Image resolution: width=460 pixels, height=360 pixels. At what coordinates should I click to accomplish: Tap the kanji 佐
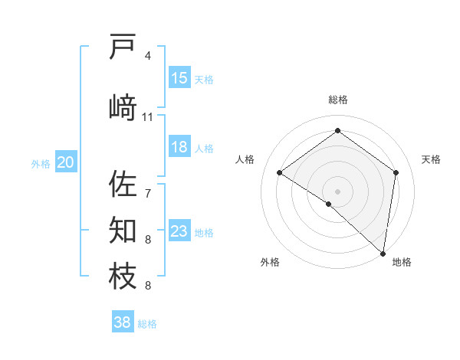point(123,184)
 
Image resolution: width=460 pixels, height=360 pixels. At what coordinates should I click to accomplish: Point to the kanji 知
point(123,230)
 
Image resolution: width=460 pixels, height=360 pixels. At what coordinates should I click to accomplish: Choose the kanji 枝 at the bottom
point(123,276)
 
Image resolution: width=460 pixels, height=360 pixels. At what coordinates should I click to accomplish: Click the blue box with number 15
point(179,78)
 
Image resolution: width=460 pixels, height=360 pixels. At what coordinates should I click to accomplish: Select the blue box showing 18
point(179,147)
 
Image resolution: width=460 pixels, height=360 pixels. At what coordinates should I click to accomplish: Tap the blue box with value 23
point(179,231)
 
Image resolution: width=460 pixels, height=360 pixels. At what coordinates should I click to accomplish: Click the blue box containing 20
point(66,162)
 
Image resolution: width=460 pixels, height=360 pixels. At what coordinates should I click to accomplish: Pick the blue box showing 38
point(123,322)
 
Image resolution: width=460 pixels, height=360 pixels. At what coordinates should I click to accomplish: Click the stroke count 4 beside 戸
point(148,56)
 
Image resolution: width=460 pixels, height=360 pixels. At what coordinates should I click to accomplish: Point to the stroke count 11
point(148,117)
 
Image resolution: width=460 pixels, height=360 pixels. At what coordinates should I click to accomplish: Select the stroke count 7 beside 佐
point(148,193)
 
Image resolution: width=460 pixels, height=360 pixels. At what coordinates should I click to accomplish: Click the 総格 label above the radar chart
point(337,100)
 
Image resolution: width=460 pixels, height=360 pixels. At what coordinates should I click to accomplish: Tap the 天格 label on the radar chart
point(431,159)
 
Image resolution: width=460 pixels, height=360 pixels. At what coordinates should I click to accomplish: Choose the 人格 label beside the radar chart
point(245,159)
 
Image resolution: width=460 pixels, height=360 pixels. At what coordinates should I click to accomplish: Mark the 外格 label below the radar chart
point(269,263)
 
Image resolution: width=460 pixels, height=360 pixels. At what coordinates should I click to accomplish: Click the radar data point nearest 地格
point(383,253)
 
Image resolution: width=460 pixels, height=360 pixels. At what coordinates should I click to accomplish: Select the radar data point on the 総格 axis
point(337,132)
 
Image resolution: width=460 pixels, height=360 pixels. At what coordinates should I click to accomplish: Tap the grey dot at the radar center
point(337,191)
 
